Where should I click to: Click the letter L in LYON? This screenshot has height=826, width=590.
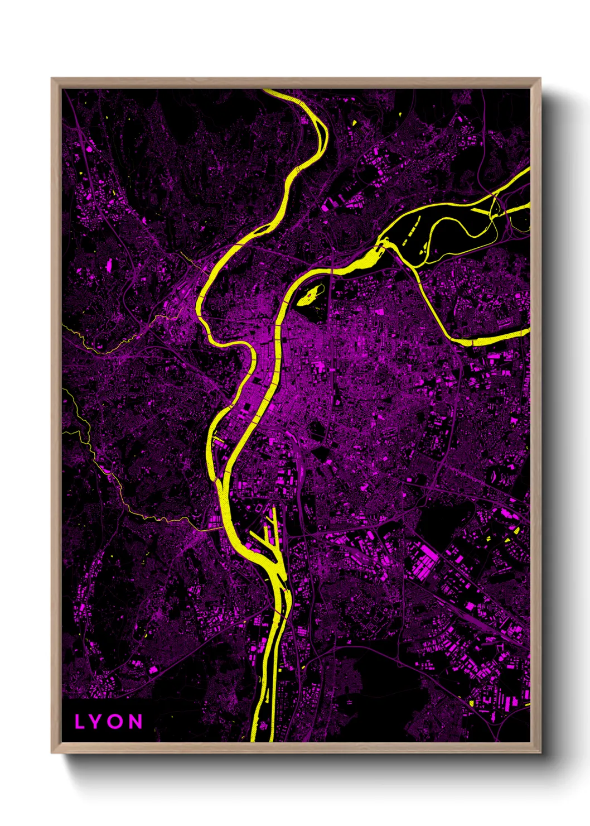point(80,722)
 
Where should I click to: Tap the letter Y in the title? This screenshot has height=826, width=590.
point(98,722)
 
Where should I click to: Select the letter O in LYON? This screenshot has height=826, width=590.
point(117,722)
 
